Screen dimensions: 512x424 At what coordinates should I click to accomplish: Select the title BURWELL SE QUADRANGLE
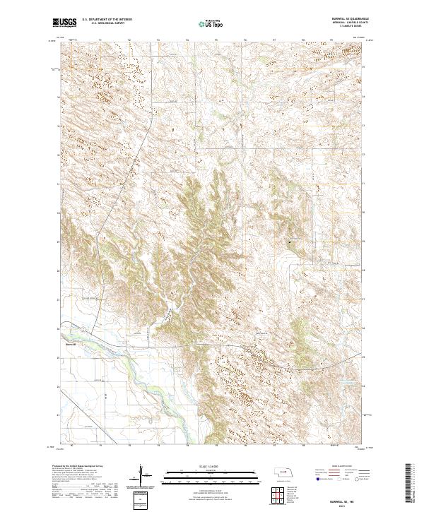click(343, 19)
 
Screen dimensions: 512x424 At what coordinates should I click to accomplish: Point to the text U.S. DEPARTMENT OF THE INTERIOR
click(107, 20)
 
